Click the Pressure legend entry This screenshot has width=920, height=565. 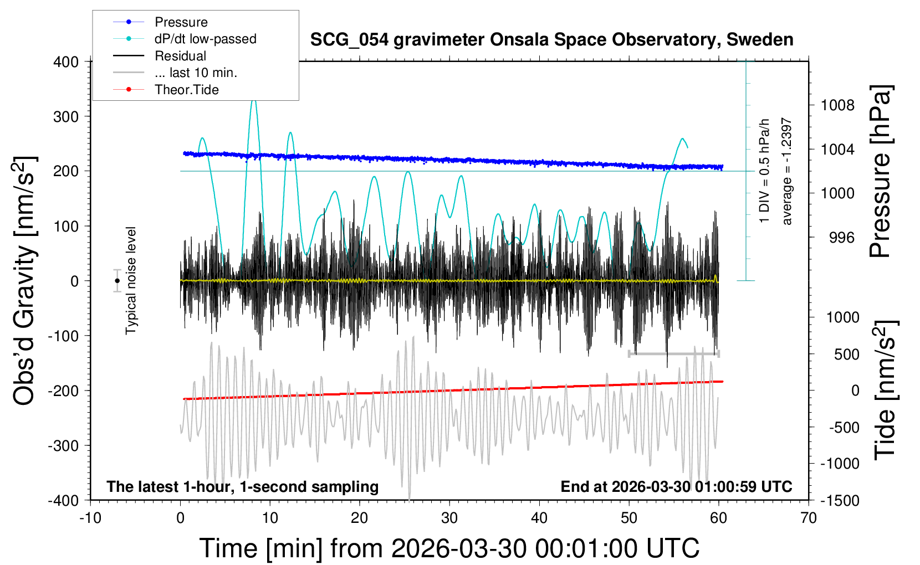pyautogui.click(x=181, y=22)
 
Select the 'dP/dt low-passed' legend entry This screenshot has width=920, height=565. pyautogui.click(x=205, y=39)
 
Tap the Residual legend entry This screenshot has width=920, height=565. pyautogui.click(x=180, y=56)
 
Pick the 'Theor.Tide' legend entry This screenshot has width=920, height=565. pyautogui.click(x=186, y=90)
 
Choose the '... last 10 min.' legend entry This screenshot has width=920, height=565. pyautogui.click(x=196, y=73)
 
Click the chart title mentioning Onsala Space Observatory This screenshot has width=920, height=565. pyautogui.click(x=551, y=40)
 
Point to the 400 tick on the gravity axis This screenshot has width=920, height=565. pyautogui.click(x=66, y=62)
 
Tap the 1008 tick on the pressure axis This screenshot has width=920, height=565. pyautogui.click(x=837, y=105)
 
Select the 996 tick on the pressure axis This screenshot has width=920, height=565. pyautogui.click(x=841, y=238)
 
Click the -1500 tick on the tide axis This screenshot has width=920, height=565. pyautogui.click(x=840, y=501)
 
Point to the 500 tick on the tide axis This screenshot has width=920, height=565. pyautogui.click(x=846, y=355)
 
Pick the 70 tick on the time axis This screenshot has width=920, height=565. pyautogui.click(x=809, y=518)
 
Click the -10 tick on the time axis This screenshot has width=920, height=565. pyautogui.click(x=90, y=518)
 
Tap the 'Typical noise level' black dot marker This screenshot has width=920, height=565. pyautogui.click(x=117, y=281)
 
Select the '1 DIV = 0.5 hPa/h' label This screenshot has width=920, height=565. pyautogui.click(x=765, y=171)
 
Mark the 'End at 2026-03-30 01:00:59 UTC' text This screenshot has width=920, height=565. pyautogui.click(x=676, y=487)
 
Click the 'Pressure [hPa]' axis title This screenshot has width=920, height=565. pyautogui.click(x=880, y=172)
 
